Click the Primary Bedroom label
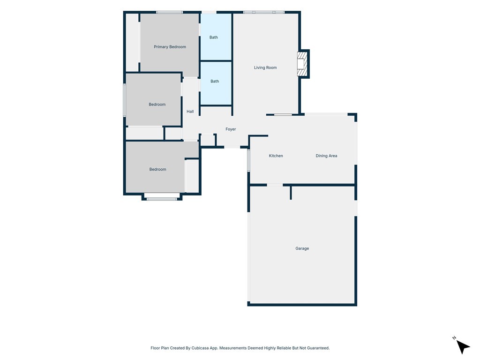170,47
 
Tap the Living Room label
265,67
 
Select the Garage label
302,248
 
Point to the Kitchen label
276,156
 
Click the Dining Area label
326,156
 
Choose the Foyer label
231,129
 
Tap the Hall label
190,112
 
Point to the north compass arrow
463,346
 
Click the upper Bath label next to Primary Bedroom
214,37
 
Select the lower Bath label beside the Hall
215,81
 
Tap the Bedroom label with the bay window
157,169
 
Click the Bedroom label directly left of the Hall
157,105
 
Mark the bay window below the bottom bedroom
162,199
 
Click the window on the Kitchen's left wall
248,160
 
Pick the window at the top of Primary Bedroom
169,12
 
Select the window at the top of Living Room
264,12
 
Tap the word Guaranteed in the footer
318,348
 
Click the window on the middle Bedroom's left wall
124,100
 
